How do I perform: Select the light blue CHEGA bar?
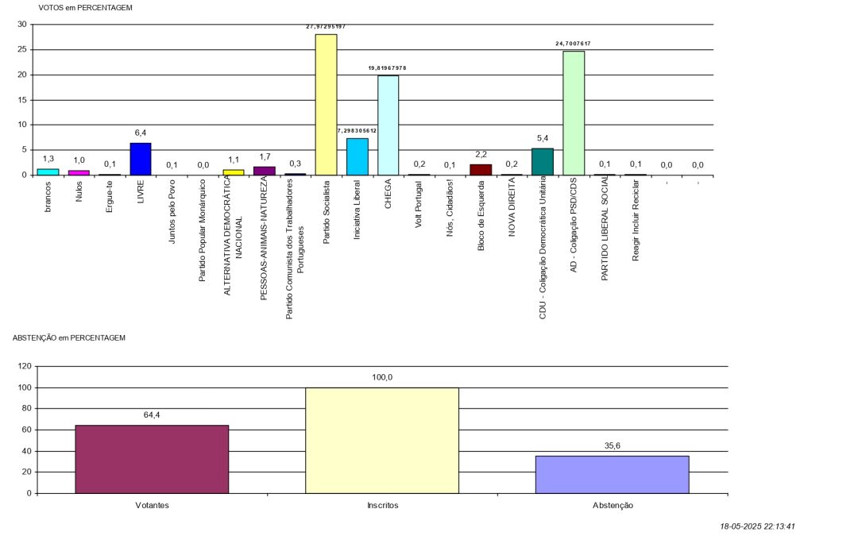tap(388, 125)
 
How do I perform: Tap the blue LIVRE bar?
tap(141, 159)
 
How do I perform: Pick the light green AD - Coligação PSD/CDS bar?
tap(574, 113)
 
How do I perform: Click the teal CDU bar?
tap(543, 161)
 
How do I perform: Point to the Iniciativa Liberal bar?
tap(357, 156)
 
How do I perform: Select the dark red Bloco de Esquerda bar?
tap(481, 169)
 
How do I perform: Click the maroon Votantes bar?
tap(152, 459)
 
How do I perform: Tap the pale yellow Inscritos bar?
tap(382, 440)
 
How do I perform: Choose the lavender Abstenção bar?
tap(612, 474)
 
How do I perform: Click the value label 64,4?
tap(152, 415)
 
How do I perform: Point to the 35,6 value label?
tap(613, 445)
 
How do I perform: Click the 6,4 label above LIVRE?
tap(141, 133)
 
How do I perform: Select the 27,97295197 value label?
tap(326, 26)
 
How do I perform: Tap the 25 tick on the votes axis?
tap(23, 49)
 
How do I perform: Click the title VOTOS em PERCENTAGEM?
tap(85, 7)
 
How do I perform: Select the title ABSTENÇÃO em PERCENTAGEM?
tap(69, 337)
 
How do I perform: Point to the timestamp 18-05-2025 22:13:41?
tap(758, 526)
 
